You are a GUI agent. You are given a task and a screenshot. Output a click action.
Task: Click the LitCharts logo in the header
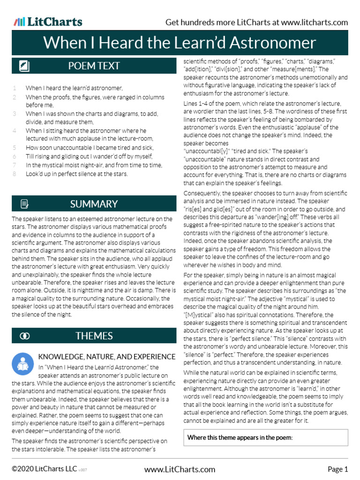[48, 22]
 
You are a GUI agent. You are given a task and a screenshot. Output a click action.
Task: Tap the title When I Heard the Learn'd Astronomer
[180, 43]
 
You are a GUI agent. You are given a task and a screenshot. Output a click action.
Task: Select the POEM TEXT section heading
[94, 66]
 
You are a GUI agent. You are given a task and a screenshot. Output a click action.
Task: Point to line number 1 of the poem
[15, 88]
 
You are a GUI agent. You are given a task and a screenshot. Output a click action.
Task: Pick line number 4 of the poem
[15, 131]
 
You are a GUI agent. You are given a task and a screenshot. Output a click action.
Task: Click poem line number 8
[15, 174]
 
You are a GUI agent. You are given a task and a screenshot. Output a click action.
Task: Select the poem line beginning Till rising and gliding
[89, 156]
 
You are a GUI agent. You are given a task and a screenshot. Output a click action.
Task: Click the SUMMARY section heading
[94, 204]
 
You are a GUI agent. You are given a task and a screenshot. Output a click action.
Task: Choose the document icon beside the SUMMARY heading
[24, 204]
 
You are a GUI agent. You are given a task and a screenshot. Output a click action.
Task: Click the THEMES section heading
[94, 336]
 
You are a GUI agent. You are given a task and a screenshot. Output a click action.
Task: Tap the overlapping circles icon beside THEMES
[24, 336]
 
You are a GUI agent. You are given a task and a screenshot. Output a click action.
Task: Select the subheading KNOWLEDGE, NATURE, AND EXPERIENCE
[104, 356]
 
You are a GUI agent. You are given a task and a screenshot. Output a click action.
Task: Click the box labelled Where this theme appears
[265, 437]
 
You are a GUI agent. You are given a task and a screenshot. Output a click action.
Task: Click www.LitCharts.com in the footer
[180, 469]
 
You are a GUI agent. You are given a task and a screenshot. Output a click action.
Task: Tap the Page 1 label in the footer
[337, 469]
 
